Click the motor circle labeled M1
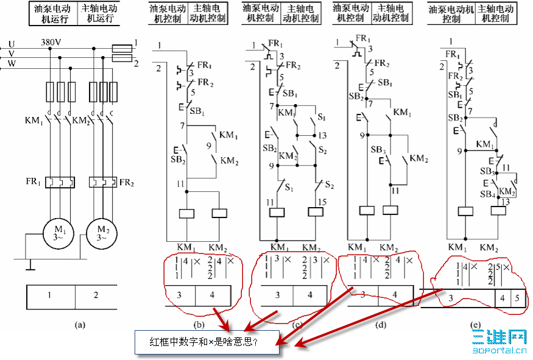click(x=56, y=232)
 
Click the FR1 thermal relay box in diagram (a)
click(x=59, y=182)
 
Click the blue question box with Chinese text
click(x=206, y=342)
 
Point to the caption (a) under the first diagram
click(x=79, y=325)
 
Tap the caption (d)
click(x=381, y=325)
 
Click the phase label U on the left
click(x=10, y=44)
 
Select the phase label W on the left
click(x=10, y=63)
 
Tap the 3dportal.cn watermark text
click(x=499, y=350)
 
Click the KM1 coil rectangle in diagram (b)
click(x=186, y=213)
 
